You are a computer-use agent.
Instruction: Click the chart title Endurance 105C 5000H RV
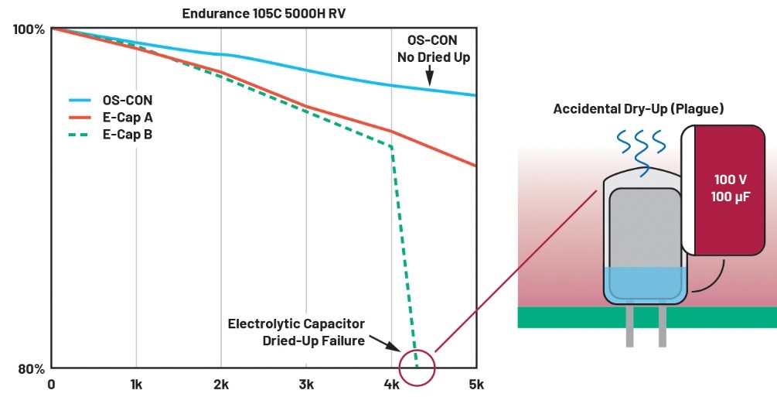point(263,13)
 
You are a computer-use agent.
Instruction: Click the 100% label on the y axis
point(29,29)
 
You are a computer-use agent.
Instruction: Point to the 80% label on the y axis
point(32,368)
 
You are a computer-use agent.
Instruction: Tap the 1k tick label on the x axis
point(136,384)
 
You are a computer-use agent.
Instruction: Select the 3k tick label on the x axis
point(306,384)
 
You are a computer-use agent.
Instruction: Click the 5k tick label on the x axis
point(476,384)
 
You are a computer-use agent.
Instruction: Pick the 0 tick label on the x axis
point(51,384)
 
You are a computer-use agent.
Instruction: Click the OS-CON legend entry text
point(127,100)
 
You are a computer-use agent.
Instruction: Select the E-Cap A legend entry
point(127,117)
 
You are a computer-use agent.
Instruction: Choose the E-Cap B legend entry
point(127,134)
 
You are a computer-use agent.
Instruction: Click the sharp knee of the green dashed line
point(392,146)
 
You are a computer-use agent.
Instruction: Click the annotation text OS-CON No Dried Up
point(438,50)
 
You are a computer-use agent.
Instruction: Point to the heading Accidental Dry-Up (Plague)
point(638,109)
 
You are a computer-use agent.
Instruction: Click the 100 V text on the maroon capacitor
point(731,179)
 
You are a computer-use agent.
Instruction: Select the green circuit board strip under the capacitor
point(646,317)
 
